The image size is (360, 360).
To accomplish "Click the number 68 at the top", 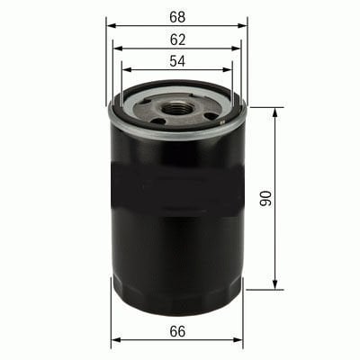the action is point(177,17).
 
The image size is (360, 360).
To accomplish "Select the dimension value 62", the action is point(177,40).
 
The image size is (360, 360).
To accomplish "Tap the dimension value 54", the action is point(177,61).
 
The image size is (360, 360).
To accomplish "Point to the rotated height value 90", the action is point(265,198).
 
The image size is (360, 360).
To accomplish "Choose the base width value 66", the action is point(177,331).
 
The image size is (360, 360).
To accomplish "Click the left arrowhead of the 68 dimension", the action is point(112,26).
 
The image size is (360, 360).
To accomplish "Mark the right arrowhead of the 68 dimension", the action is point(242,26).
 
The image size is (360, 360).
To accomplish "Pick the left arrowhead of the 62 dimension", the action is point(118,49).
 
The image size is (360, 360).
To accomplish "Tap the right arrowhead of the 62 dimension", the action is point(236,49).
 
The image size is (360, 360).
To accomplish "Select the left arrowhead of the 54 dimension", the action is point(127,69).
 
